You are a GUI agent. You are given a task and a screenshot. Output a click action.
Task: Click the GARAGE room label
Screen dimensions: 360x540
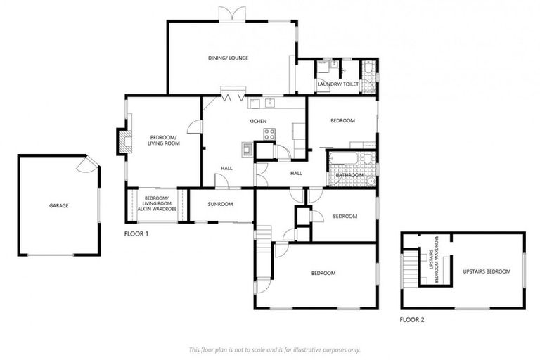point(59,206)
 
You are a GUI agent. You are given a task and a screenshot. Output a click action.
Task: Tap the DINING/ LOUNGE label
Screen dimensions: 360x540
point(228,58)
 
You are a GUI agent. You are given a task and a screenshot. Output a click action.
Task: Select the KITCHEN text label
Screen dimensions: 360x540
point(258,122)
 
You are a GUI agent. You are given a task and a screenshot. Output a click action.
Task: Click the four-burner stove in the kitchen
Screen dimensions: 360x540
point(269,136)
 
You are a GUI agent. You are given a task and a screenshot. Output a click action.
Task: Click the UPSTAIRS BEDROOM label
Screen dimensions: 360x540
point(487,271)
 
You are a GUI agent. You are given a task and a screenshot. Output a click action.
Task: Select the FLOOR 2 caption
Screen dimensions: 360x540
point(412,320)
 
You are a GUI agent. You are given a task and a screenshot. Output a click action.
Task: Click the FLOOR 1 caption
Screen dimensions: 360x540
point(136,233)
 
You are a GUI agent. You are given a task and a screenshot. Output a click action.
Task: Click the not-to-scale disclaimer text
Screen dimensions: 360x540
point(274,349)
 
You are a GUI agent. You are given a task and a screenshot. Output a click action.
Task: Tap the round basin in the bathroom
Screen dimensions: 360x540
point(370,181)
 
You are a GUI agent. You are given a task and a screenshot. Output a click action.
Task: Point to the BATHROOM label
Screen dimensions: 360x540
point(349,175)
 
